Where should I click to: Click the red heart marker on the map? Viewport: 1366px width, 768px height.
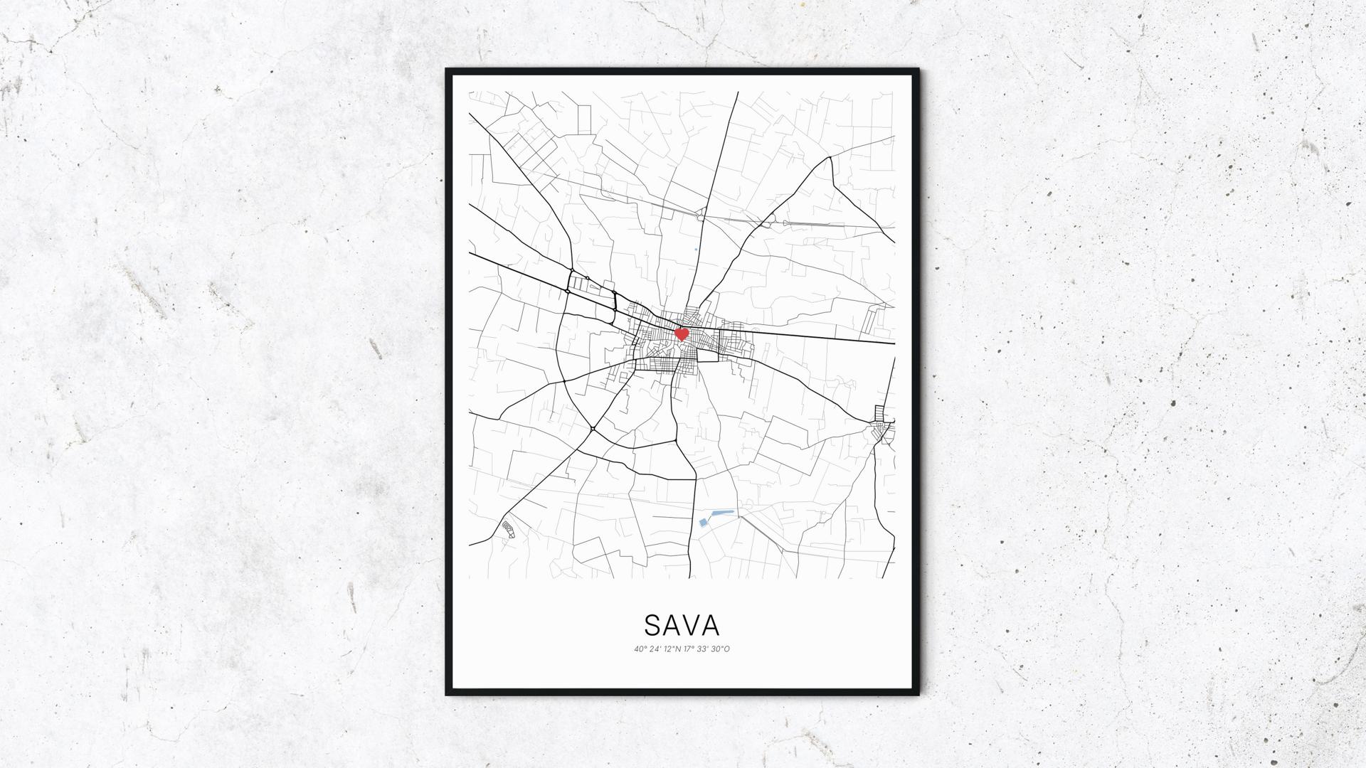[x=681, y=334]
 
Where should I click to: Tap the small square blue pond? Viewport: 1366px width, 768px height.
[x=704, y=523]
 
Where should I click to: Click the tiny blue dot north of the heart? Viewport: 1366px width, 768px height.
[x=695, y=249]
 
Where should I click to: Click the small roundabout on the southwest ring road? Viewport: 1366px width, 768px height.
[x=593, y=428]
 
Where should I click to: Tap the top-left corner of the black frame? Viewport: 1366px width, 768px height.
[x=448, y=70]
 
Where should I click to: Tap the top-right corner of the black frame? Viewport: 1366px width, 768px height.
[x=918, y=70]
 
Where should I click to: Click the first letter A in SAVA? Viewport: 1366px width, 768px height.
[x=672, y=625]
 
